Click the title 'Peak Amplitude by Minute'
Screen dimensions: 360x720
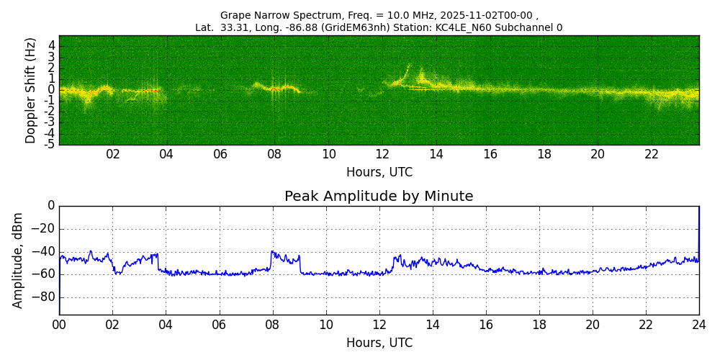pyautogui.click(x=379, y=197)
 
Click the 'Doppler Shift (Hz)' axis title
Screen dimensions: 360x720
pyautogui.click(x=31, y=91)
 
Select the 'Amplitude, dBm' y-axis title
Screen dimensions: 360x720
pyautogui.click(x=19, y=260)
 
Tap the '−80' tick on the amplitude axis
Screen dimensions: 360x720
pyautogui.click(x=45, y=297)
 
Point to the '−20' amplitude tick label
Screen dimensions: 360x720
pyautogui.click(x=45, y=229)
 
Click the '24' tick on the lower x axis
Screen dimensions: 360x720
pyautogui.click(x=699, y=325)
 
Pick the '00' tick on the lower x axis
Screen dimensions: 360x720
pyautogui.click(x=59, y=325)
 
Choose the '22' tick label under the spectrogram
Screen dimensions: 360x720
pyautogui.click(x=652, y=154)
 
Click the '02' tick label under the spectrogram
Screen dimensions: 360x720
pyautogui.click(x=113, y=154)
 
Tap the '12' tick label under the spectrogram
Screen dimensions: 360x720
pyautogui.click(x=382, y=154)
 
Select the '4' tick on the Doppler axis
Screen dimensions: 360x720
pyautogui.click(x=52, y=45)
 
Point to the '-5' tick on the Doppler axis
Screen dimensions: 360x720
pyautogui.click(x=50, y=144)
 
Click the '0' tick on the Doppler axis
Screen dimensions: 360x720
pyautogui.click(x=52, y=90)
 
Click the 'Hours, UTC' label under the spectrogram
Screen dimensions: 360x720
pyautogui.click(x=379, y=173)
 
